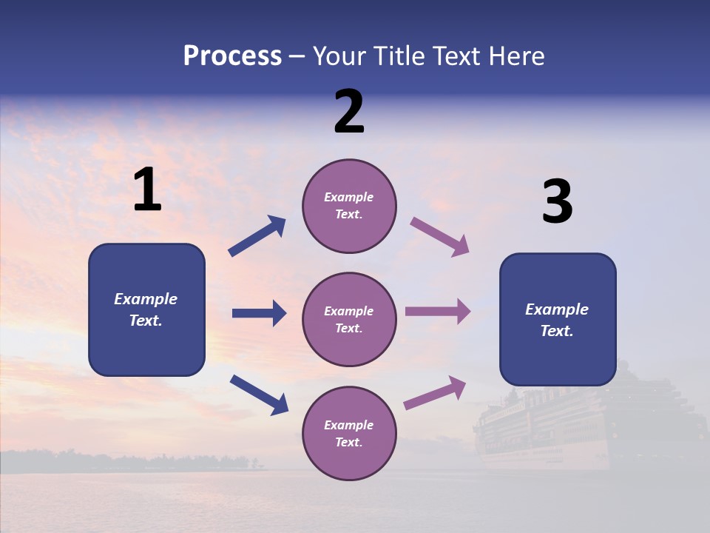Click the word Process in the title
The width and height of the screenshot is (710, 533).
232,56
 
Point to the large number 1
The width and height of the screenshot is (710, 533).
147,190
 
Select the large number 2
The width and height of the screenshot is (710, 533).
349,112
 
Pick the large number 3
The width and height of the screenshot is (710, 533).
557,202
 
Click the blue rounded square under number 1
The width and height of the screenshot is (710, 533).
146,309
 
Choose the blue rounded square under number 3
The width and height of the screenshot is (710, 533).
558,319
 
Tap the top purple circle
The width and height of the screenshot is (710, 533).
349,206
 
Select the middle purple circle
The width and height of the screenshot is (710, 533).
349,319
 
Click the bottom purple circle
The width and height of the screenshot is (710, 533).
349,433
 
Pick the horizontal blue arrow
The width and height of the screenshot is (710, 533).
259,314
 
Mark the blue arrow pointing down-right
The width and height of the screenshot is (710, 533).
259,395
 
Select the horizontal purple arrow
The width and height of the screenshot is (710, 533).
438,312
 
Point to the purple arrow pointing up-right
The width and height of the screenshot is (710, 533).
435,392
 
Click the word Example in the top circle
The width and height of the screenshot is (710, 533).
349,198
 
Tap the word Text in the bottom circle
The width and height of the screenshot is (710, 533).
348,442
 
